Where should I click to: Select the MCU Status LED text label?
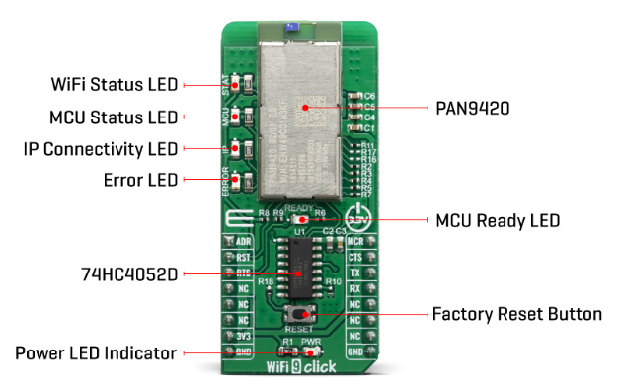click(114, 116)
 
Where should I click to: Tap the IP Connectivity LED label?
click(101, 149)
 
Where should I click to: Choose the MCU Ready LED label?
click(498, 220)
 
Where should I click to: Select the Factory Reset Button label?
click(516, 314)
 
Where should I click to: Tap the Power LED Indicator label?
click(96, 352)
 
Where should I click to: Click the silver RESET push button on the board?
click(298, 313)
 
